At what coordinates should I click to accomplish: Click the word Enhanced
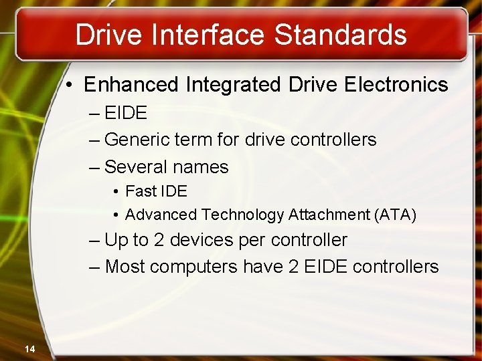(131, 85)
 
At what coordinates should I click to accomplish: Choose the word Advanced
(161, 215)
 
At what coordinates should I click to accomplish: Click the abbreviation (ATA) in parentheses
(396, 215)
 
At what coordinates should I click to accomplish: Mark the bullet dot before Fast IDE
(116, 192)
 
